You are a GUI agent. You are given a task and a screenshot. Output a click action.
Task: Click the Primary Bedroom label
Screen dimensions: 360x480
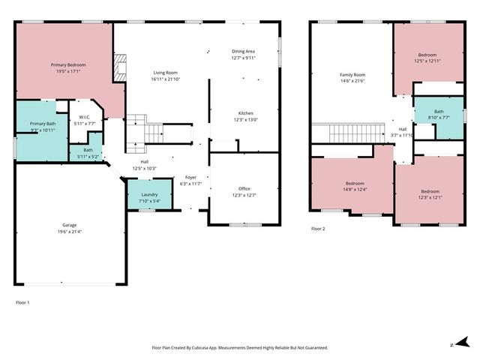[x=67, y=65]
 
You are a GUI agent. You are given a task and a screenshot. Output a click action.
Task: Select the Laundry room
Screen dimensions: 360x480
[x=150, y=196]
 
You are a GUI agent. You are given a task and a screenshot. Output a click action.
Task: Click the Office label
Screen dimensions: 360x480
[x=244, y=188]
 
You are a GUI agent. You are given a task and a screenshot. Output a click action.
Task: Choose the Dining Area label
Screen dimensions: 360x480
[x=244, y=50]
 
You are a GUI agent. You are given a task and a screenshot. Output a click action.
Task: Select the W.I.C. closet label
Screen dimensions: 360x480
[x=85, y=117]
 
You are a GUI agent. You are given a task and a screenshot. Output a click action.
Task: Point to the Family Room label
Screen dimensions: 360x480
[x=352, y=75]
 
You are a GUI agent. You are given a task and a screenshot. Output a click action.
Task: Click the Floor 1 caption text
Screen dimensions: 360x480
[x=22, y=302]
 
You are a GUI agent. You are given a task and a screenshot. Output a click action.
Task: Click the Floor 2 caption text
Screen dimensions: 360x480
[x=318, y=229]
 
